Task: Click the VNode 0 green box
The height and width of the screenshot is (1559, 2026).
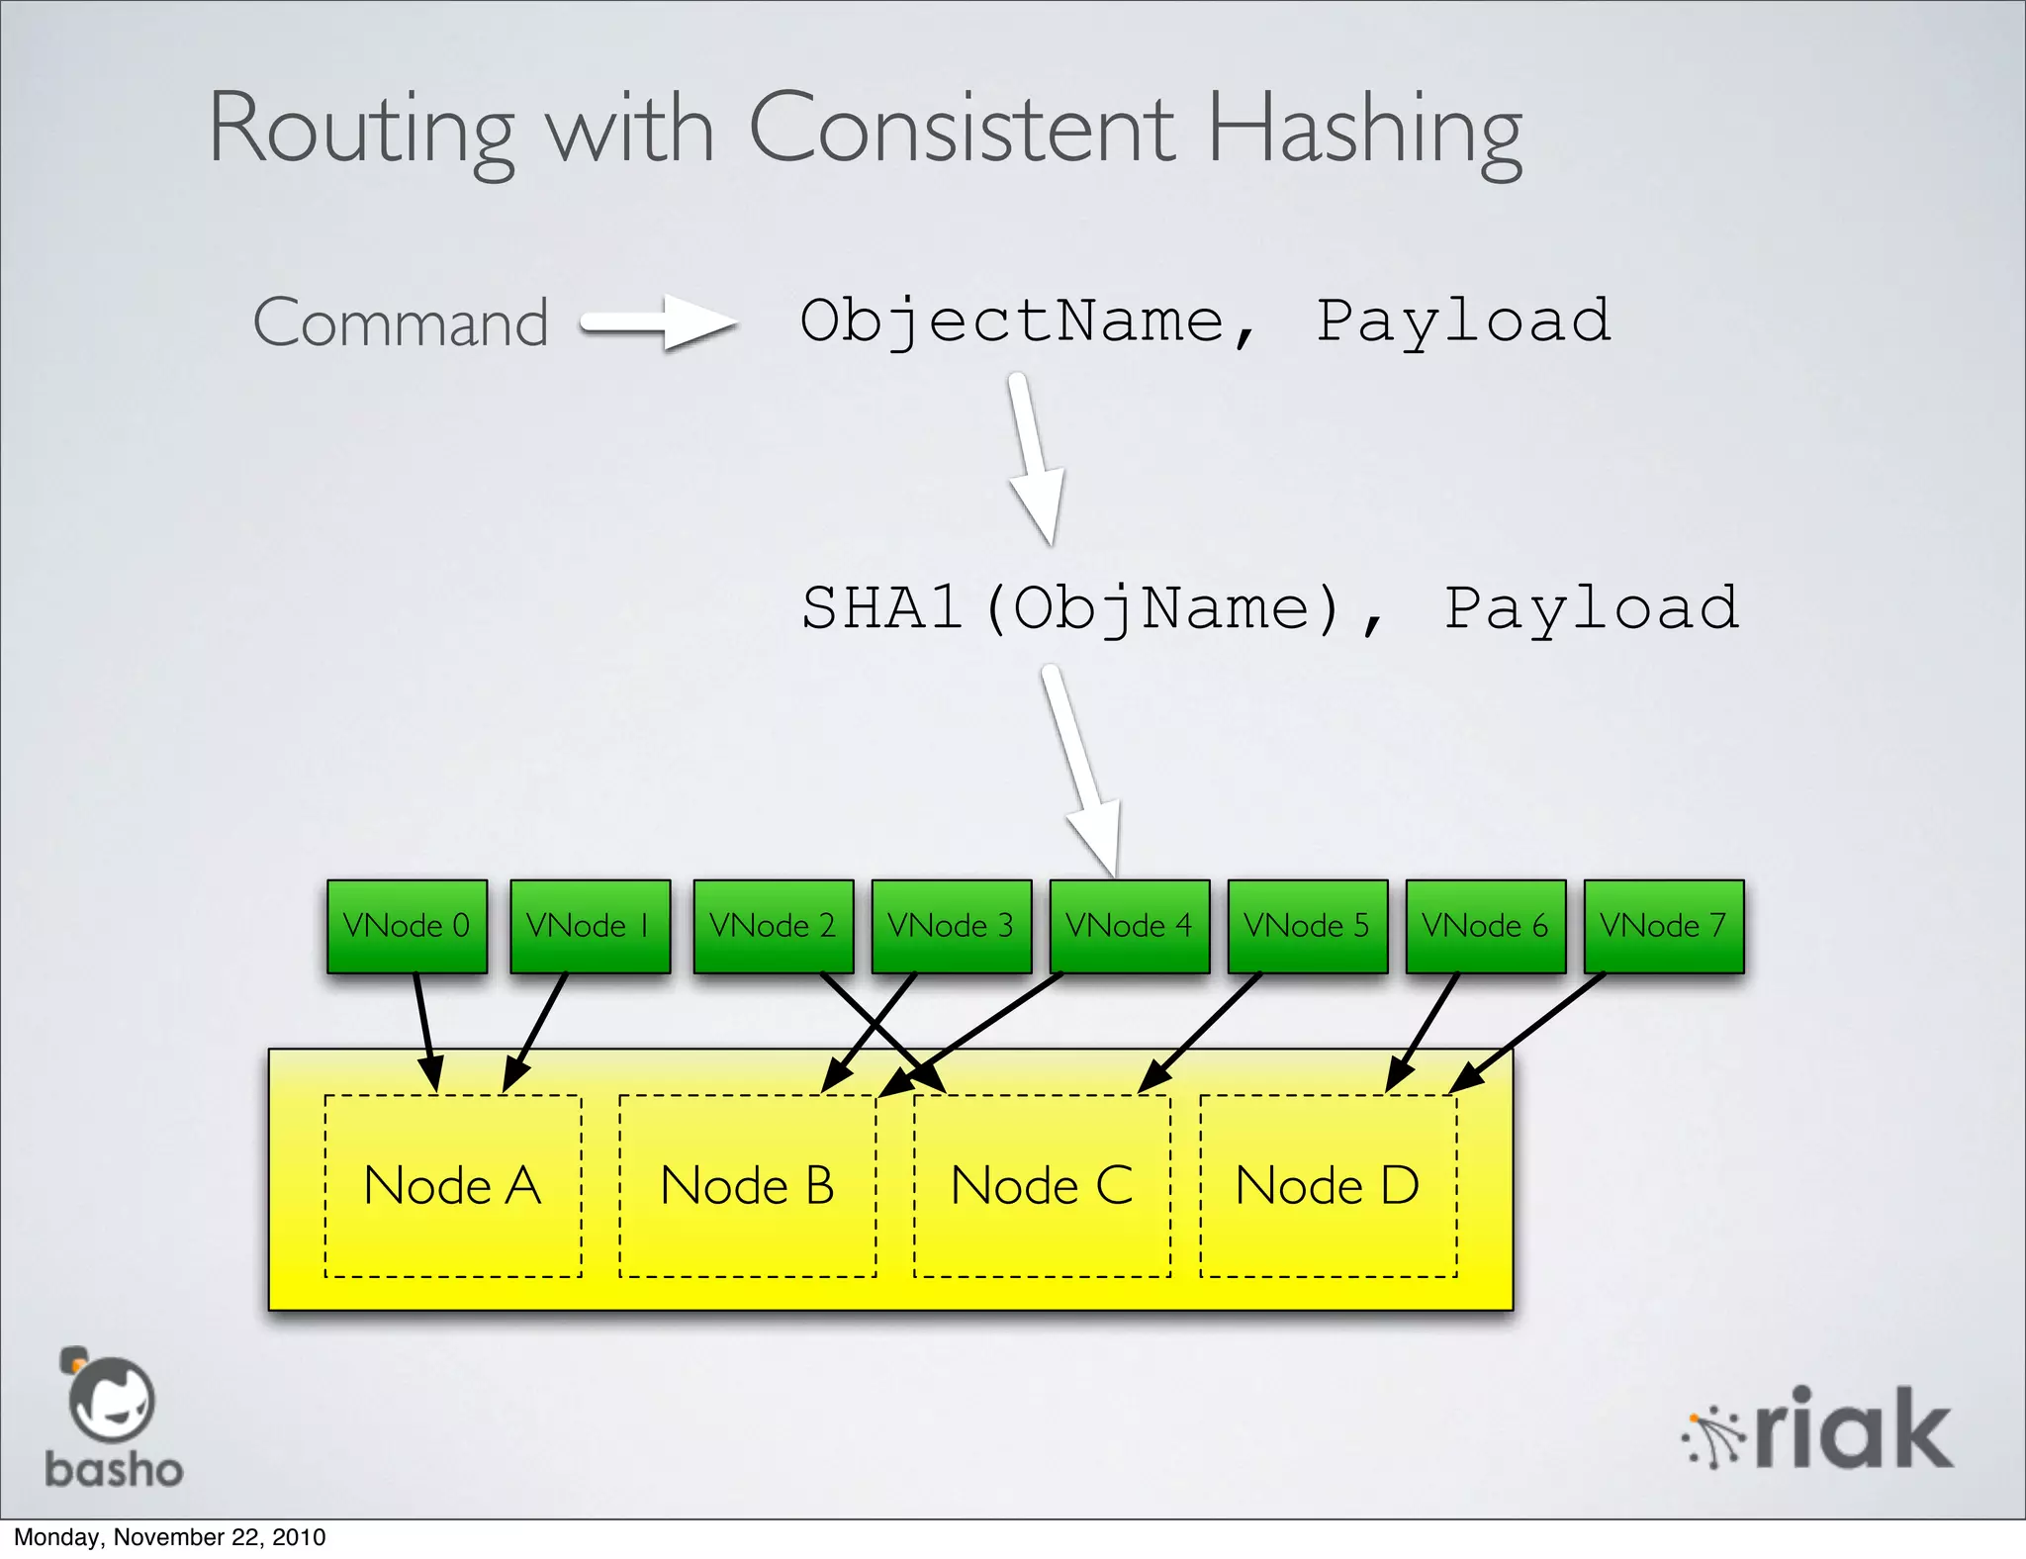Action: click(407, 926)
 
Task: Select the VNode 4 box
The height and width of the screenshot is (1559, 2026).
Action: click(1129, 926)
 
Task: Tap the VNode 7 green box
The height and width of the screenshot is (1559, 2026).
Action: click(1663, 926)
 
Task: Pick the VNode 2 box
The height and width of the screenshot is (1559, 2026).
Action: click(773, 926)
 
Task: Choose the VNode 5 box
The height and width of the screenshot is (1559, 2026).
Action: click(1307, 926)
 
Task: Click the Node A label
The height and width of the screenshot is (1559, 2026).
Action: click(452, 1185)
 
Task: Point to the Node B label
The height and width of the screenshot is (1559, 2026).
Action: click(747, 1185)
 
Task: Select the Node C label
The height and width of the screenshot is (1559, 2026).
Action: click(1042, 1185)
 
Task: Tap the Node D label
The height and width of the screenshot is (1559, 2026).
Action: click(1328, 1185)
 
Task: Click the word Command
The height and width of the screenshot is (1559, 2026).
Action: click(401, 322)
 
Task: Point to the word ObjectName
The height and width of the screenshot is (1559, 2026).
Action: click(1011, 321)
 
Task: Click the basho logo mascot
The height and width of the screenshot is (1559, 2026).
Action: click(111, 1399)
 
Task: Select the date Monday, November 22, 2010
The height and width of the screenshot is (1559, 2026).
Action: click(169, 1537)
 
